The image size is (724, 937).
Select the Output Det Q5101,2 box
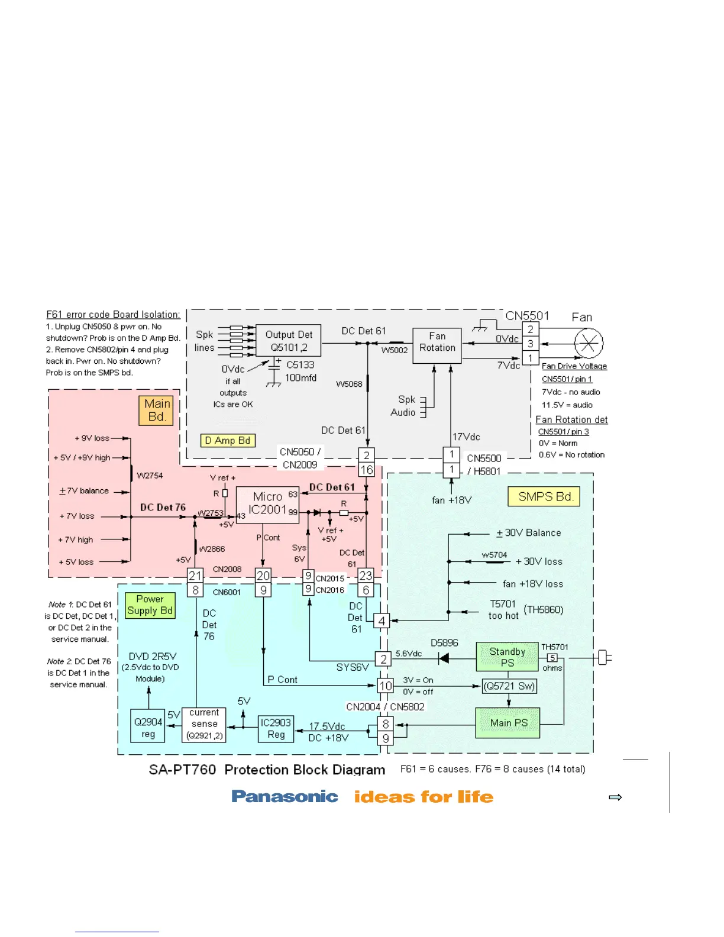point(289,341)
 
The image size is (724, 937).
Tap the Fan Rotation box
point(437,343)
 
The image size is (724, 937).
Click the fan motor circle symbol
point(589,343)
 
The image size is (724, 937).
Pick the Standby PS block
point(507,657)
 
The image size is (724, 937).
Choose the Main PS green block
point(508,723)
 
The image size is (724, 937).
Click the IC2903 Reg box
point(276,729)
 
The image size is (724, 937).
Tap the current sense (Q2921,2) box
point(204,725)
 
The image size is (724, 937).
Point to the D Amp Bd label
point(228,441)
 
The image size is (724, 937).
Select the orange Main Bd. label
point(156,411)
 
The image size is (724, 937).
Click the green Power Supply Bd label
point(150,605)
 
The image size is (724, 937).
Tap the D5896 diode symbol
point(442,658)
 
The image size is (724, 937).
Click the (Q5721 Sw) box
point(509,686)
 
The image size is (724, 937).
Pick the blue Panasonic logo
point(285,797)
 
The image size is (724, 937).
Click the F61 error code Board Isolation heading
point(113,315)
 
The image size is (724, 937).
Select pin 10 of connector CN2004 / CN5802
point(386,686)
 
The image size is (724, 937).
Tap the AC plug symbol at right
point(604,657)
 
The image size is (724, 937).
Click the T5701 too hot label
point(503,610)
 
